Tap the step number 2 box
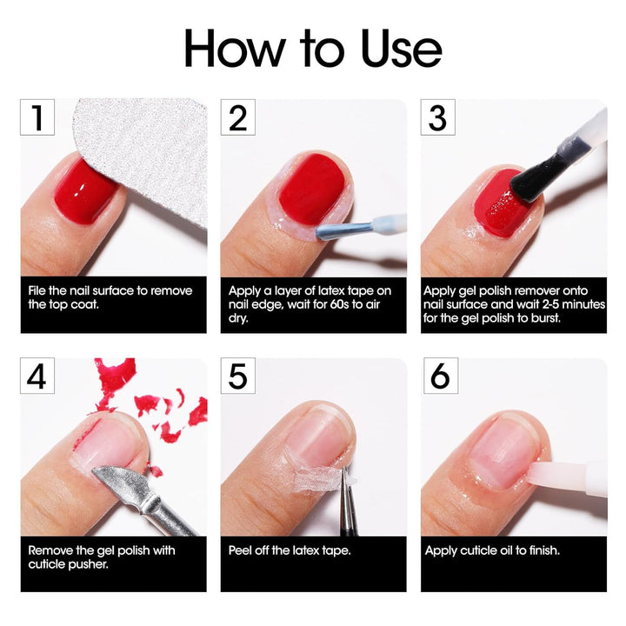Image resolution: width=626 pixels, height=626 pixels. (237, 117)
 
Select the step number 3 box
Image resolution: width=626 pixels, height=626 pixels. (437, 117)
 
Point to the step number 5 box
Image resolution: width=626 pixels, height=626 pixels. (237, 376)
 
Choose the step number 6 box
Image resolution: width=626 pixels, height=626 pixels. (437, 376)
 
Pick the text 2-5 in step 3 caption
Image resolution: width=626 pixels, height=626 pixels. (573, 304)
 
